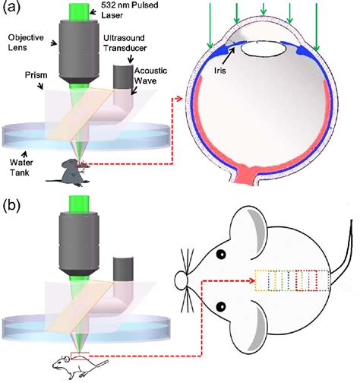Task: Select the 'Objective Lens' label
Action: [27, 42]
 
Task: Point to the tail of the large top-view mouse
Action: [344, 258]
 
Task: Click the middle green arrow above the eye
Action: [263, 9]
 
